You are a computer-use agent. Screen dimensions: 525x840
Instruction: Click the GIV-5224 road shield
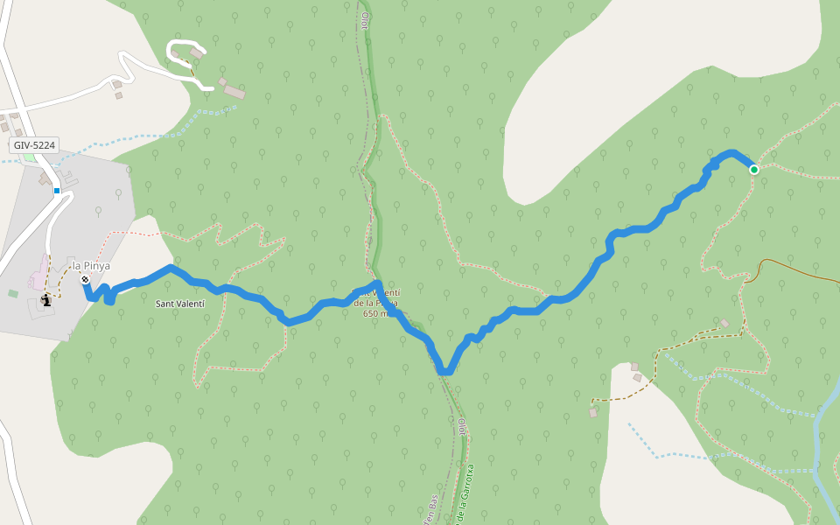35,145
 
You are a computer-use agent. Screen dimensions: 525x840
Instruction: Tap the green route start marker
753,169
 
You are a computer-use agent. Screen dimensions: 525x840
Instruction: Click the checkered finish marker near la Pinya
85,279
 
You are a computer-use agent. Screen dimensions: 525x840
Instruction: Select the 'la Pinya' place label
91,266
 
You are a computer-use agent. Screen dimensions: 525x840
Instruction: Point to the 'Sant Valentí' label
179,304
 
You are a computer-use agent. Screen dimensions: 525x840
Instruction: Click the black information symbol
45,299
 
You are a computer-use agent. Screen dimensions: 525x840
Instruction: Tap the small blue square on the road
57,190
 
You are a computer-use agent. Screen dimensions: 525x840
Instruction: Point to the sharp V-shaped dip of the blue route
444,371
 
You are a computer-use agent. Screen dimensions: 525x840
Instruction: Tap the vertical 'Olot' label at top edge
365,19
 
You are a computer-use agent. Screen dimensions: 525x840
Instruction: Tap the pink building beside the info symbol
38,275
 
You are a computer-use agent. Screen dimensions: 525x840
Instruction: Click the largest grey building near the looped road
234,92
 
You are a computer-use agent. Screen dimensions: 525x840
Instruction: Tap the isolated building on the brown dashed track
724,324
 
